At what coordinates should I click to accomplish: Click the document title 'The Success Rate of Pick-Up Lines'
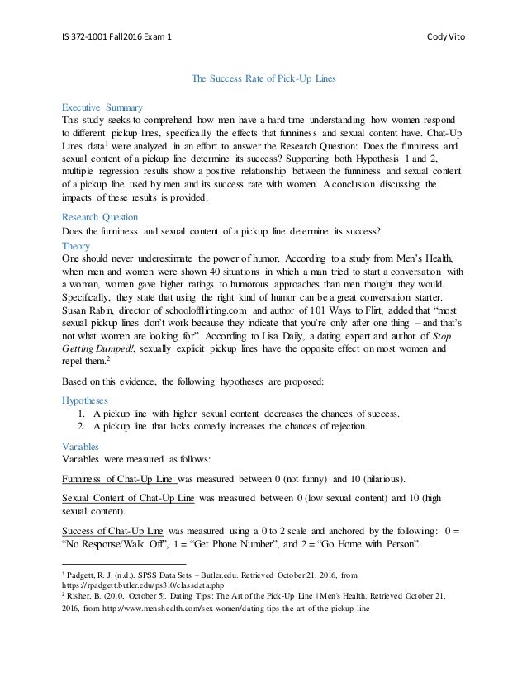[263, 80]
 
